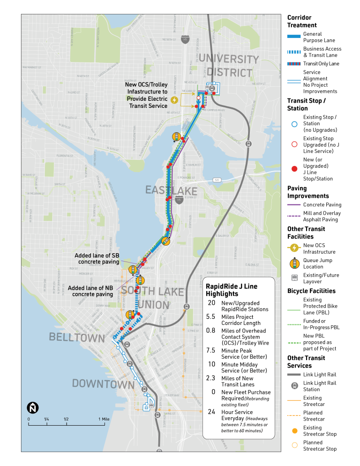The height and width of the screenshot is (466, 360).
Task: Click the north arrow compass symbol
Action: (33, 407)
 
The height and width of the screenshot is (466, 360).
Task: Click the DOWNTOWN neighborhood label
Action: (103, 384)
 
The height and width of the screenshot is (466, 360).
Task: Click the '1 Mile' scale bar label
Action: (104, 419)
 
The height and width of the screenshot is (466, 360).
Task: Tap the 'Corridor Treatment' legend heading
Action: (302, 21)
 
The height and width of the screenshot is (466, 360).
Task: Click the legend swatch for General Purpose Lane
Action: (293, 36)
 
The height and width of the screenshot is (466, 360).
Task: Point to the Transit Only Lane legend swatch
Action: (293, 64)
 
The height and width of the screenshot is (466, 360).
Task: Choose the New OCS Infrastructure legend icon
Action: (294, 248)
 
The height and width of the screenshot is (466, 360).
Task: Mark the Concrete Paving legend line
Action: (293, 204)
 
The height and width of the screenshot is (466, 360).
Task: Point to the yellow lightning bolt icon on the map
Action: (175, 99)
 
